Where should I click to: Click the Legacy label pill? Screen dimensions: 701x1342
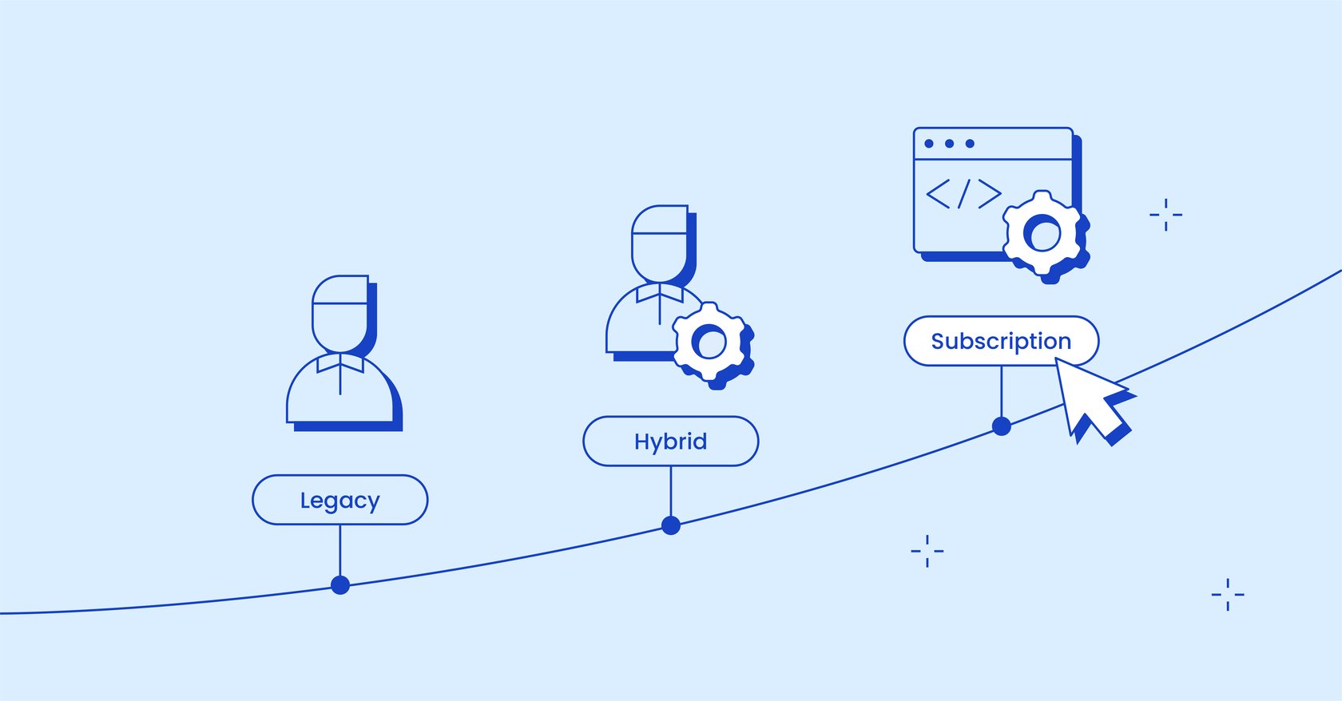pos(339,500)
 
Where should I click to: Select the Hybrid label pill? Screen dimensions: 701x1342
pos(670,441)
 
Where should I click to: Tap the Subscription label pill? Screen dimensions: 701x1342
pos(1001,341)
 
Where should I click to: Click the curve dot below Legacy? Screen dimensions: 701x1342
pos(340,585)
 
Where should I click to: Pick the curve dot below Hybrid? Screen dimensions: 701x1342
pos(671,525)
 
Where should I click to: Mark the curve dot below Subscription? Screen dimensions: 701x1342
pos(1002,426)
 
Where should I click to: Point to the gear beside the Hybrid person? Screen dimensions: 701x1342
pos(710,343)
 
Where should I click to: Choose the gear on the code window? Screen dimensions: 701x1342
pos(1043,234)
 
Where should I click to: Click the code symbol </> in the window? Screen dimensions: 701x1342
pos(963,194)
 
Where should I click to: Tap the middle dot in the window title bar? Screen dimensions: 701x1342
pos(949,144)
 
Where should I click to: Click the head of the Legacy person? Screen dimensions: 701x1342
pos(340,314)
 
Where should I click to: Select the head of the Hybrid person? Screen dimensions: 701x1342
pos(660,244)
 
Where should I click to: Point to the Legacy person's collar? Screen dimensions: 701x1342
pos(340,364)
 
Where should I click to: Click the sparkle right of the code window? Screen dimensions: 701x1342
pos(1165,215)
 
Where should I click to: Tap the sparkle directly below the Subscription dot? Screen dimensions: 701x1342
pos(927,551)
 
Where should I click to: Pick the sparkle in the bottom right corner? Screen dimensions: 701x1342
pos(1227,595)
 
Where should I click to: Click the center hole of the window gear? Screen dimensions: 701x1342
pos(1042,235)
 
